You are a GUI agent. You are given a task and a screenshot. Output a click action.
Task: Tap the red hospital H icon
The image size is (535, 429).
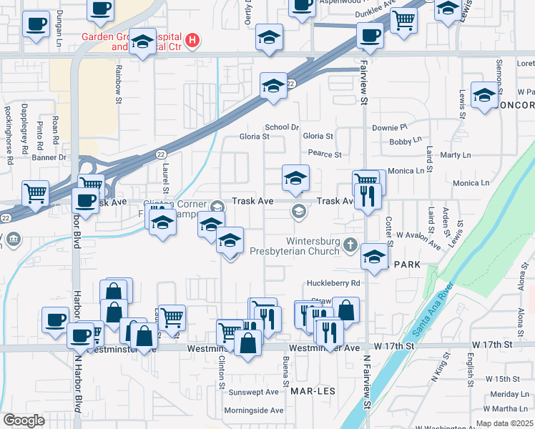point(191,40)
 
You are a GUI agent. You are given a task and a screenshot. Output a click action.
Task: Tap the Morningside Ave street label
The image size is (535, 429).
point(253,410)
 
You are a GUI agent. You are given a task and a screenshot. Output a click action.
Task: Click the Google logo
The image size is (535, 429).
point(24,420)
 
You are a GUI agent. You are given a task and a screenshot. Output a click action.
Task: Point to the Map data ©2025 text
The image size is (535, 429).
point(504,423)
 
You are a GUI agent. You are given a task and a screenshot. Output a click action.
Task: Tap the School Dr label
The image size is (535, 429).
point(281,127)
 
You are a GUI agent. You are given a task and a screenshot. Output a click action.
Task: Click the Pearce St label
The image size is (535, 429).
point(325,154)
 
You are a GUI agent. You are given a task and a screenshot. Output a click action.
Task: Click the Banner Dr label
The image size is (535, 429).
point(49,157)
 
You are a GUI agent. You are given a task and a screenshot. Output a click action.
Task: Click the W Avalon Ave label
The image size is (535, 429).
point(419,240)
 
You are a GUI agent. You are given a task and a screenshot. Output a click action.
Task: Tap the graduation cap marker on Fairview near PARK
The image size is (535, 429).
point(373,257)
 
